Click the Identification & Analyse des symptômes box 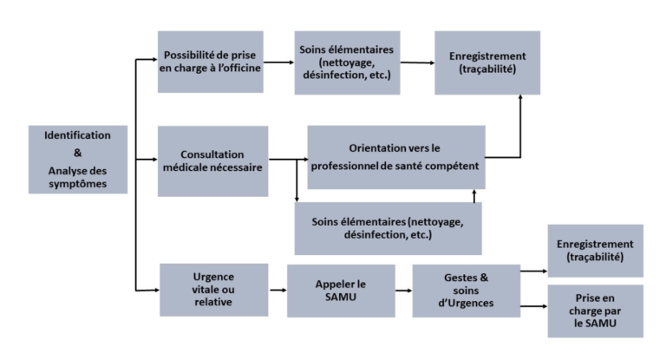(x=78, y=160)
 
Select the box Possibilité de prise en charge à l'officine (x=210, y=62)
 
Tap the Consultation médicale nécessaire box (x=212, y=161)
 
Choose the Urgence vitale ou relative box (x=213, y=290)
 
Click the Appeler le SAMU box (x=341, y=291)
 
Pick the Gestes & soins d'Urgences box (x=467, y=291)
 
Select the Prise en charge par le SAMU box (x=596, y=311)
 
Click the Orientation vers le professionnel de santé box (x=396, y=157)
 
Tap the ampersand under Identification (x=78, y=153)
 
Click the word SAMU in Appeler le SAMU (x=341, y=297)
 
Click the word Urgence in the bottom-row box (x=213, y=277)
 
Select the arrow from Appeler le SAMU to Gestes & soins (x=403, y=291)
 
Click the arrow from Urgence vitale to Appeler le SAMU (x=277, y=291)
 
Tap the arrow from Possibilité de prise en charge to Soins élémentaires (x=278, y=62)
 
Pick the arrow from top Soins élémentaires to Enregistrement (x=417, y=63)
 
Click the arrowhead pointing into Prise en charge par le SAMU (x=545, y=306)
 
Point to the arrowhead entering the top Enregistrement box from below (x=520, y=97)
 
